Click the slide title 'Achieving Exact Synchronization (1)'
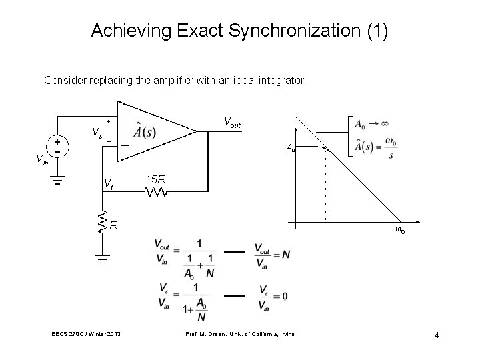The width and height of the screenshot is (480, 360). click(239, 31)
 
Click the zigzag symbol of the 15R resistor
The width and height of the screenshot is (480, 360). click(156, 193)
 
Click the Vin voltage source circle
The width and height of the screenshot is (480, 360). click(58, 146)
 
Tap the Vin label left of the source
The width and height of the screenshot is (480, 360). click(41, 159)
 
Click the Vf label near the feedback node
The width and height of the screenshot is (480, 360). click(110, 183)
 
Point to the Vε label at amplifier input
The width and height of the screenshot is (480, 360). click(97, 133)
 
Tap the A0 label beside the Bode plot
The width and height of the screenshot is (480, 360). click(291, 147)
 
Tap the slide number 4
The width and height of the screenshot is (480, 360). click(437, 335)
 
